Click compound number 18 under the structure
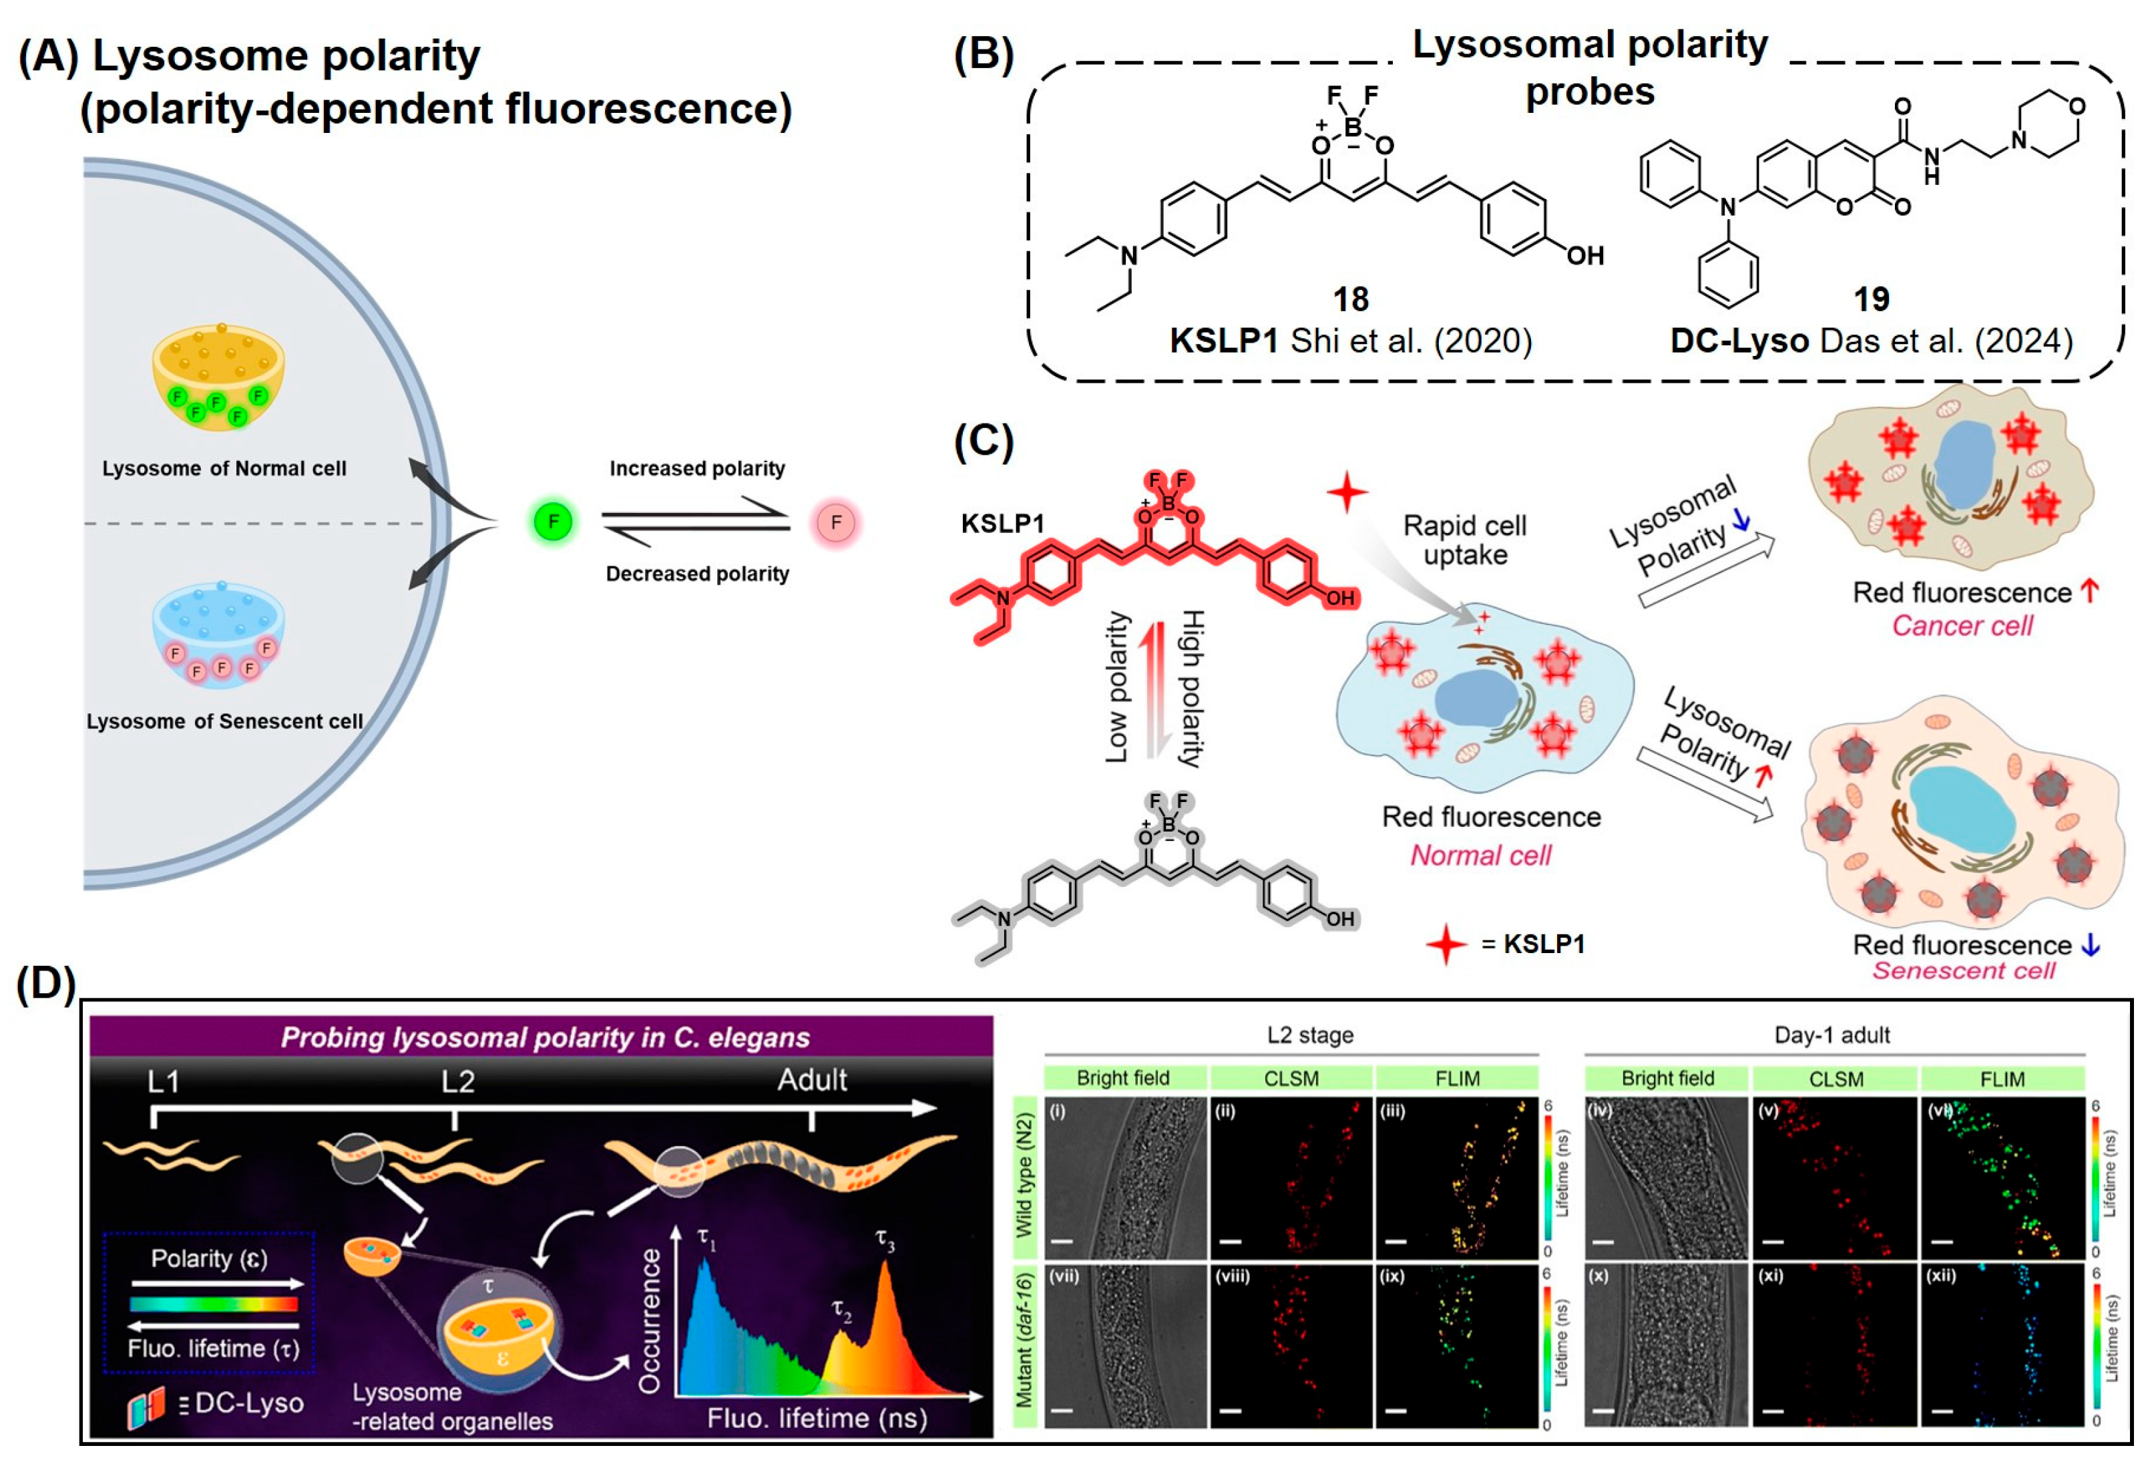[x=1350, y=299]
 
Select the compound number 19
[x=1870, y=299]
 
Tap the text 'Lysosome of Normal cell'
[x=224, y=469]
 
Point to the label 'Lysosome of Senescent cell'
[x=224, y=721]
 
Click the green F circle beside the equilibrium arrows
[x=554, y=522]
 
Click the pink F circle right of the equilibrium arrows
[x=836, y=523]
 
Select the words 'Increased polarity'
[x=697, y=469]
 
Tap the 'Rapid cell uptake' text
[x=1464, y=540]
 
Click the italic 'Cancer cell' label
[x=1962, y=626]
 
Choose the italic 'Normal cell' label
[x=1480, y=855]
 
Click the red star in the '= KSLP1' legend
[x=1446, y=944]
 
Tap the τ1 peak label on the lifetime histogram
[x=706, y=1240]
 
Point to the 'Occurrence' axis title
[x=650, y=1321]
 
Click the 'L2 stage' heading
[x=1309, y=1035]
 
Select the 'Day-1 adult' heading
[x=1832, y=1035]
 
